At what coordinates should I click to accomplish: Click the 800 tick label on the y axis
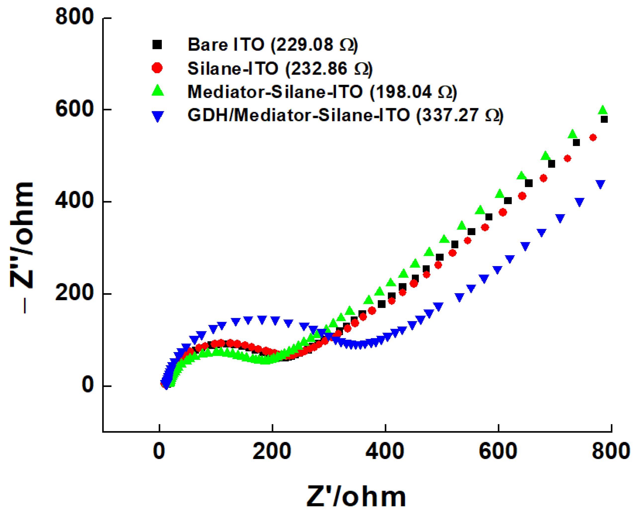(74, 17)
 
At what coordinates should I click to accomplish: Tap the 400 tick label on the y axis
(74, 201)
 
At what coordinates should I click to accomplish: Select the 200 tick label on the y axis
(74, 293)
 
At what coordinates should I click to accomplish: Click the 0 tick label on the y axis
(88, 385)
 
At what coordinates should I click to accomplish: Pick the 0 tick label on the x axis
(159, 451)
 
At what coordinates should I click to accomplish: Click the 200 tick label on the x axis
(271, 451)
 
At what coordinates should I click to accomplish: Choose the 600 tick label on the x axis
(498, 451)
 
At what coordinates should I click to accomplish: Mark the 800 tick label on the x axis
(610, 451)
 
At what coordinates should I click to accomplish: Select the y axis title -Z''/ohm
(22, 247)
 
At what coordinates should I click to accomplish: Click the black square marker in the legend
(157, 45)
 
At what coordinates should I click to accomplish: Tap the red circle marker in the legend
(157, 68)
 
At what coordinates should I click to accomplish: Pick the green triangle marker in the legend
(158, 91)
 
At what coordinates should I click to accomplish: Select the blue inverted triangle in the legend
(158, 116)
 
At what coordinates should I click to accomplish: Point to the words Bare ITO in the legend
(226, 45)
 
